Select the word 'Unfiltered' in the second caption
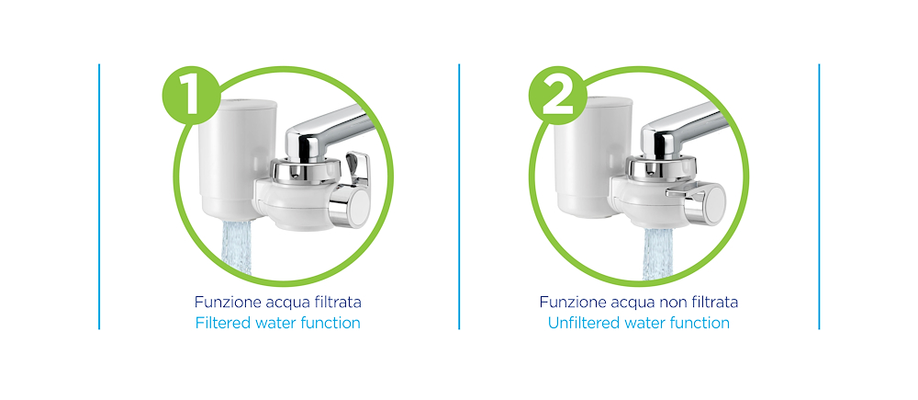click(586, 323)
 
